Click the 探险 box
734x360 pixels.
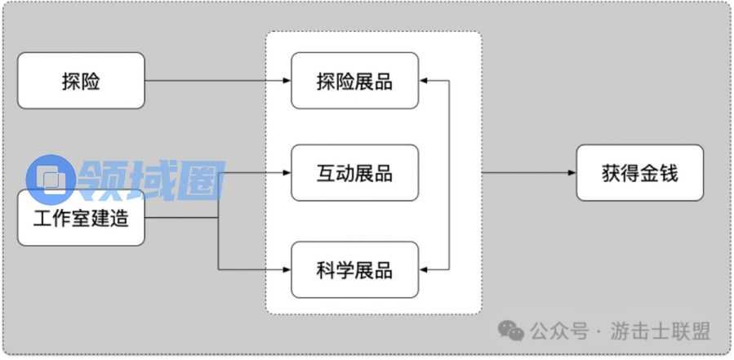pyautogui.click(x=81, y=81)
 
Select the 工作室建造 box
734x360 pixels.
pyautogui.click(x=81, y=218)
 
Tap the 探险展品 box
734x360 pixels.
pyautogui.click(x=354, y=81)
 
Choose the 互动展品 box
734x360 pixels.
pyautogui.click(x=354, y=173)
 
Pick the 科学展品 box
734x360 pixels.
pyautogui.click(x=354, y=269)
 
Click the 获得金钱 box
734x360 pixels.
pyautogui.click(x=639, y=173)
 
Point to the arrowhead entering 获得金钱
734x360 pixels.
pyautogui.click(x=572, y=173)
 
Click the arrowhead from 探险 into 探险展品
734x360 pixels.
pyautogui.click(x=287, y=81)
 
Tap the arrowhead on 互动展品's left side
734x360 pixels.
pyautogui.click(x=287, y=173)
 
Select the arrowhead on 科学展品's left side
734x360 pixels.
pyautogui.click(x=287, y=269)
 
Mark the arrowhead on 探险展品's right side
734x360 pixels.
pyautogui.click(x=424, y=81)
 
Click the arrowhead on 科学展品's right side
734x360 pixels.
pyautogui.click(x=424, y=269)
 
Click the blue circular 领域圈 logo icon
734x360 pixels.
pyautogui.click(x=51, y=178)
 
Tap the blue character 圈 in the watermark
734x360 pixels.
pyautogui.click(x=199, y=178)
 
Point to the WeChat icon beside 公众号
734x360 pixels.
pyautogui.click(x=512, y=331)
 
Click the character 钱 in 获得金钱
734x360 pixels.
pyautogui.click(x=668, y=173)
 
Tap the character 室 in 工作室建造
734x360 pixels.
pyautogui.click(x=81, y=218)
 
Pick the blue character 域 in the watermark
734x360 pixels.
pyautogui.click(x=153, y=178)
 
